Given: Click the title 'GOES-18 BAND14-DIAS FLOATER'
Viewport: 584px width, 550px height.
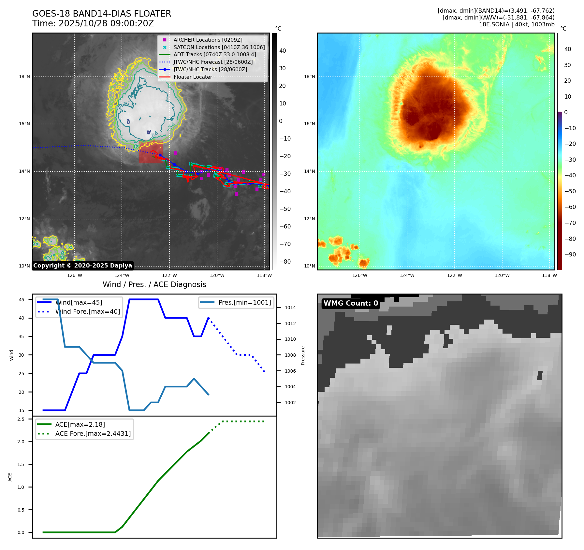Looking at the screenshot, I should (x=101, y=14).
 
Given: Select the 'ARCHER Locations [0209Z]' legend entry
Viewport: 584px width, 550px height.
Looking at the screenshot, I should (x=208, y=40).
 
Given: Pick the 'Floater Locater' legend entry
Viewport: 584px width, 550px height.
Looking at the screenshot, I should (x=193, y=77).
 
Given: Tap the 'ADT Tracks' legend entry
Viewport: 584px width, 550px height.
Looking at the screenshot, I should (x=214, y=55).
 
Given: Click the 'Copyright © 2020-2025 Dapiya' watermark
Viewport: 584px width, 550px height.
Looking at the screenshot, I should (x=82, y=266).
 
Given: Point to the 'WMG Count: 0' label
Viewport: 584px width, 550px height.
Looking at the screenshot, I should (x=351, y=303).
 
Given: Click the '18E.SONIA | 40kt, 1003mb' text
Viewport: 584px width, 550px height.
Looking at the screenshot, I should (x=517, y=24).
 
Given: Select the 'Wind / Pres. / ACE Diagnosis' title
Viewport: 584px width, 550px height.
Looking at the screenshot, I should (x=154, y=284).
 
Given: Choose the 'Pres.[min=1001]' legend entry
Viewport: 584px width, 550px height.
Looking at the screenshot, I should (x=244, y=302).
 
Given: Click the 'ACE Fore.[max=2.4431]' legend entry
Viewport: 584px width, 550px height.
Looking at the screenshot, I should (x=93, y=433).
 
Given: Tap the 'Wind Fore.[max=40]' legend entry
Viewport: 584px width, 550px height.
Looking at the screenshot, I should (x=87, y=311).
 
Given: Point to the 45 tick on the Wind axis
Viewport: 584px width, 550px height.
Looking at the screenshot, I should (x=22, y=300).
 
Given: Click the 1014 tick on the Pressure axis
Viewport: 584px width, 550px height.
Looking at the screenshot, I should (x=290, y=308).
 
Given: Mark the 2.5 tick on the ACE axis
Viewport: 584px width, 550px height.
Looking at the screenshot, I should (x=21, y=419).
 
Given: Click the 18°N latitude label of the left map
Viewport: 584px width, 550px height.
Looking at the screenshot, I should (x=24, y=77).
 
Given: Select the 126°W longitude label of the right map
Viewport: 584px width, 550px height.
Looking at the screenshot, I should (x=360, y=275).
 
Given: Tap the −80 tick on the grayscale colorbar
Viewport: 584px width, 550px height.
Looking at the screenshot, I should (x=285, y=262).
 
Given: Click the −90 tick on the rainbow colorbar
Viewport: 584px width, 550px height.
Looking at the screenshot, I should (x=570, y=254).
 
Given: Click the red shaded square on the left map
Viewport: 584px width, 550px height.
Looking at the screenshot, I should (x=151, y=152).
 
